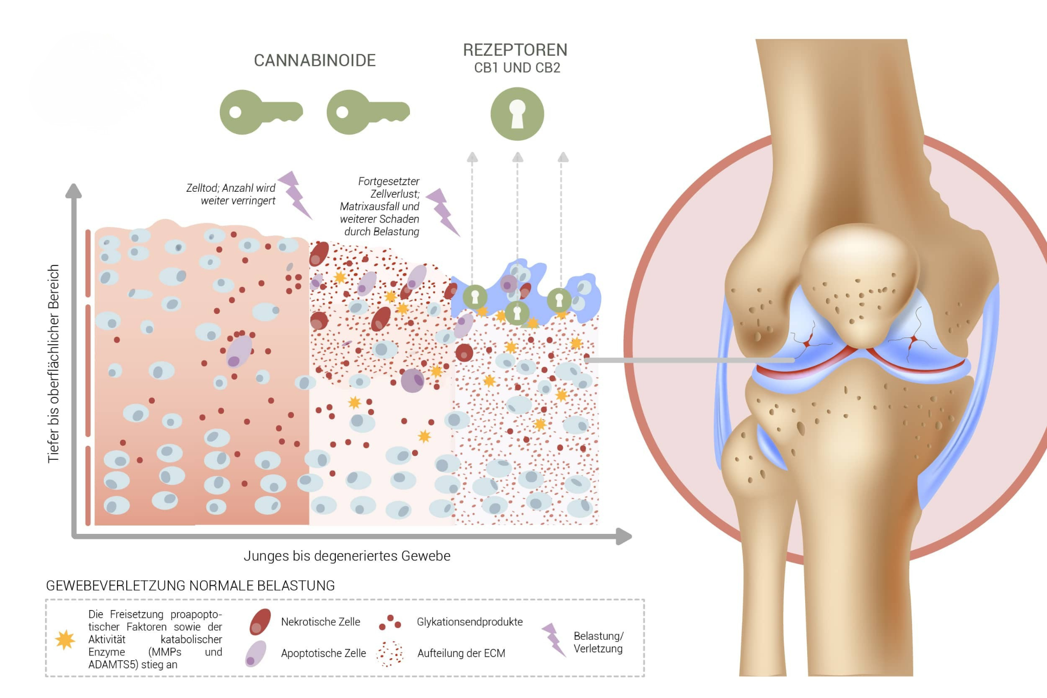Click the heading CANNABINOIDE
[x=315, y=60]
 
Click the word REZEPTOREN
[x=515, y=50]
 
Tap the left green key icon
[x=261, y=112]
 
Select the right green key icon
[x=368, y=112]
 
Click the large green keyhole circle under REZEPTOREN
[x=517, y=114]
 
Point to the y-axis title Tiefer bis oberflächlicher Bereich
[x=54, y=364]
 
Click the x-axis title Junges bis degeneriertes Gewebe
[x=347, y=556]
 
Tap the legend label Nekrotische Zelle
[x=321, y=622]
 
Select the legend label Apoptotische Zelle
[x=324, y=653]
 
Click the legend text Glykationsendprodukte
[x=470, y=622]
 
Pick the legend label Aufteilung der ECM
[x=461, y=653]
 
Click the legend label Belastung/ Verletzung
[x=598, y=642]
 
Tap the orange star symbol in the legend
[x=65, y=640]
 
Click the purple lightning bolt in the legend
[x=553, y=639]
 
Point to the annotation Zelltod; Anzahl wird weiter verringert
[x=231, y=194]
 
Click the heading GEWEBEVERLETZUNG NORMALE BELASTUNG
[x=191, y=586]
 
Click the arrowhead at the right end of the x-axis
[x=624, y=536]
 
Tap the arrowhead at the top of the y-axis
[x=74, y=191]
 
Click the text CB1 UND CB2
[x=517, y=68]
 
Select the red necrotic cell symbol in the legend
[x=260, y=621]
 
